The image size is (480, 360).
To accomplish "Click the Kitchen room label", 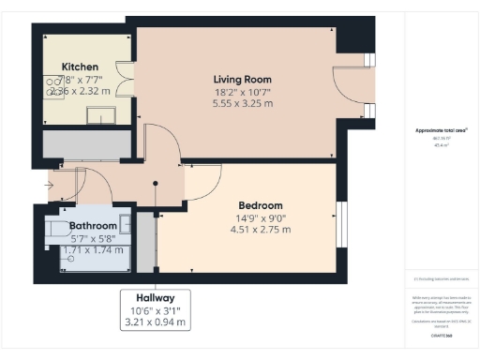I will (x=80, y=67).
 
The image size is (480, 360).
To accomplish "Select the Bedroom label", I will (x=260, y=205).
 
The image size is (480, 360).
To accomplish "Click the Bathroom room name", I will (x=93, y=227).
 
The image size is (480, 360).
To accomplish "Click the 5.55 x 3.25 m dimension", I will (x=242, y=103).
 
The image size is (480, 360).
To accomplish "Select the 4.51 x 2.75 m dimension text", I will (x=260, y=230).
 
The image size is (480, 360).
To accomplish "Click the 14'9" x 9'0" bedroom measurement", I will (x=260, y=217).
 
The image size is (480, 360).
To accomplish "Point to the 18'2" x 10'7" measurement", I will (x=242, y=91).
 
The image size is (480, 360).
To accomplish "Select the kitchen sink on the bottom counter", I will (x=100, y=114).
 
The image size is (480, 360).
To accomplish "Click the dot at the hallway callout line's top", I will (x=156, y=184).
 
